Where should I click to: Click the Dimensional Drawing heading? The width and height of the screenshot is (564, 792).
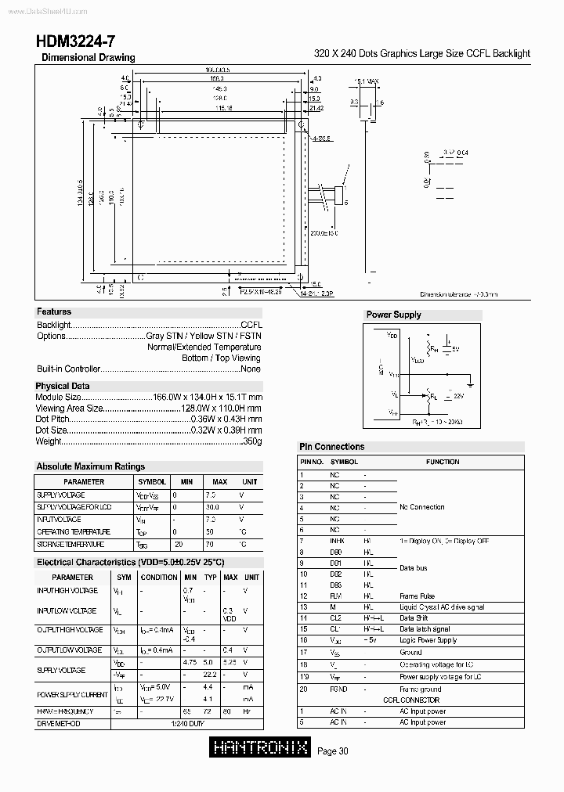(x=88, y=58)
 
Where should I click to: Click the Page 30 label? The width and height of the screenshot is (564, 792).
(x=333, y=751)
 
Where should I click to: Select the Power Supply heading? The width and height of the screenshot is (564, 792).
(x=393, y=315)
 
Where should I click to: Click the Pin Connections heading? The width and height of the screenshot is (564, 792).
(x=332, y=447)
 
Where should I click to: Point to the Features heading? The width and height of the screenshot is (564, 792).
(x=54, y=311)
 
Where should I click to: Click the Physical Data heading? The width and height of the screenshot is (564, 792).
(x=63, y=386)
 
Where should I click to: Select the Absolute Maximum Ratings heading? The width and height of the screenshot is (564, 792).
(x=91, y=466)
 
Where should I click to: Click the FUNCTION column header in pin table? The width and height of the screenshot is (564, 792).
(x=443, y=462)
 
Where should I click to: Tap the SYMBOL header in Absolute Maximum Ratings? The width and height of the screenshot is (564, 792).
(x=152, y=482)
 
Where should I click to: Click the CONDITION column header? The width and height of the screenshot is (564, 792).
(x=159, y=577)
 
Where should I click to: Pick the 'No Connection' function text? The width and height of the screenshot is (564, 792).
(x=422, y=507)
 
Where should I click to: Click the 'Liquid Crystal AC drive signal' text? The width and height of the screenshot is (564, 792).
(x=442, y=607)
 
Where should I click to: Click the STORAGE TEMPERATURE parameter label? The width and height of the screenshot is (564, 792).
(x=70, y=544)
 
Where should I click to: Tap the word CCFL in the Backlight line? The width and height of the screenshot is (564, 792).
(x=251, y=324)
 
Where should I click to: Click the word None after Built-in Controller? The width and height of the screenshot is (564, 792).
(x=251, y=369)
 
